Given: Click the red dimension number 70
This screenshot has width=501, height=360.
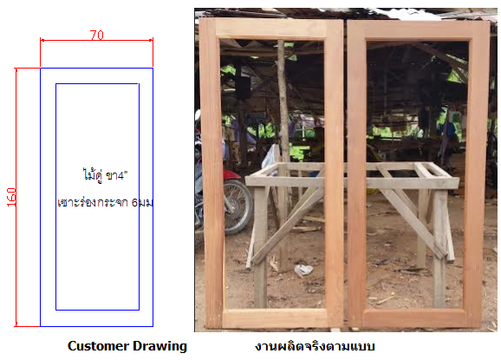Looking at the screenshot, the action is click(96, 35).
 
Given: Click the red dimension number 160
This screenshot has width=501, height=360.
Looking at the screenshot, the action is click(11, 197).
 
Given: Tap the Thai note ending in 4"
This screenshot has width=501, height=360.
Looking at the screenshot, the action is click(105, 175).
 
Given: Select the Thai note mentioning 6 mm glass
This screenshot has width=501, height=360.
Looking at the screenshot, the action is click(105, 202).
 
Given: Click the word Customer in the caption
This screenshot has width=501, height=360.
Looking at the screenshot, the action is click(98, 346).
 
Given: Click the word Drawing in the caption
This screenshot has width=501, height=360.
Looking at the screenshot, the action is click(159, 346).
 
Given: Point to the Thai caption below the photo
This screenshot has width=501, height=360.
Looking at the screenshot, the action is click(315, 346).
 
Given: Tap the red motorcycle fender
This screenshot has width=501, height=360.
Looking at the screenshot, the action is click(231, 174).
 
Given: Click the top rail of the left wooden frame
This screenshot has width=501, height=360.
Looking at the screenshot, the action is click(271, 29).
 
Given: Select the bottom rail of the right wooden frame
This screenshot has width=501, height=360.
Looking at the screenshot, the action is click(414, 318).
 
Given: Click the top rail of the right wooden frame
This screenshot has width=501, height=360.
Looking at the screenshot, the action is click(418, 30).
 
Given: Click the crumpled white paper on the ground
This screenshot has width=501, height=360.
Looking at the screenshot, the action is click(303, 271).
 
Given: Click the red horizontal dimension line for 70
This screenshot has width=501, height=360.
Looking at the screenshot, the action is click(96, 40).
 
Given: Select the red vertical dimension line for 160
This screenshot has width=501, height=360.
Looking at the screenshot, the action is click(16, 197).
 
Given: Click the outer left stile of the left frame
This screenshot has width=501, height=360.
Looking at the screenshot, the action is click(211, 173).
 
